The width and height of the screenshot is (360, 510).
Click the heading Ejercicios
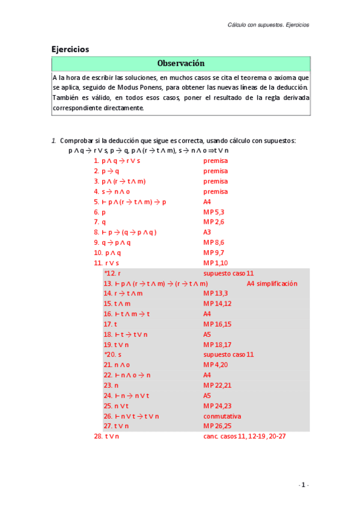(x=70, y=49)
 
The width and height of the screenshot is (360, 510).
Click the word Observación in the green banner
(x=181, y=63)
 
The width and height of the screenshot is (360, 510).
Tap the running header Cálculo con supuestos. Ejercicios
(x=268, y=25)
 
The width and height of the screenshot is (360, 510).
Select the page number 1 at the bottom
(x=304, y=485)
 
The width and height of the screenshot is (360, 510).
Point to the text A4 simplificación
(x=272, y=283)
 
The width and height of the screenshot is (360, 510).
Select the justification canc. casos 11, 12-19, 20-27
(x=245, y=435)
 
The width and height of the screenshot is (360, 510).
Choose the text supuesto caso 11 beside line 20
(x=228, y=354)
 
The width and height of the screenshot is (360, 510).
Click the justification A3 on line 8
(x=207, y=232)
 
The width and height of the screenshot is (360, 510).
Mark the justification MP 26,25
(x=218, y=426)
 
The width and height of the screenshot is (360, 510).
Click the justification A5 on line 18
(x=207, y=334)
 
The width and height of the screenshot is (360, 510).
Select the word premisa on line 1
(x=216, y=161)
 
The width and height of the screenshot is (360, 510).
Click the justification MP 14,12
(x=218, y=304)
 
